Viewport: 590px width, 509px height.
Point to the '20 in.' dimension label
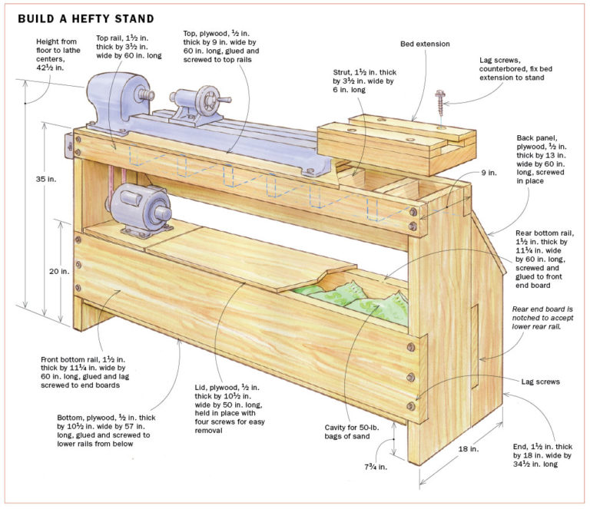click(x=55, y=271)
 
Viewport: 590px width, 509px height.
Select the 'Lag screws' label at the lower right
click(x=539, y=381)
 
